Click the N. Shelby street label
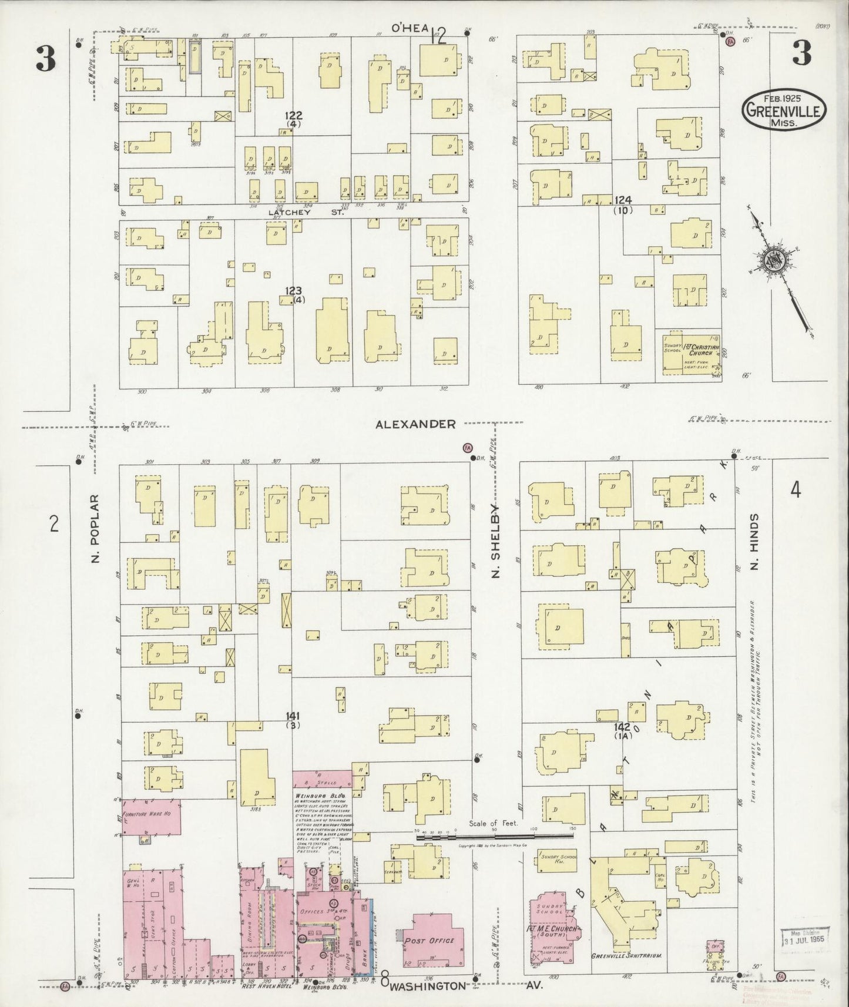pos(495,539)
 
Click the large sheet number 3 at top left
pos(45,58)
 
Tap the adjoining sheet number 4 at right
pos(796,489)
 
